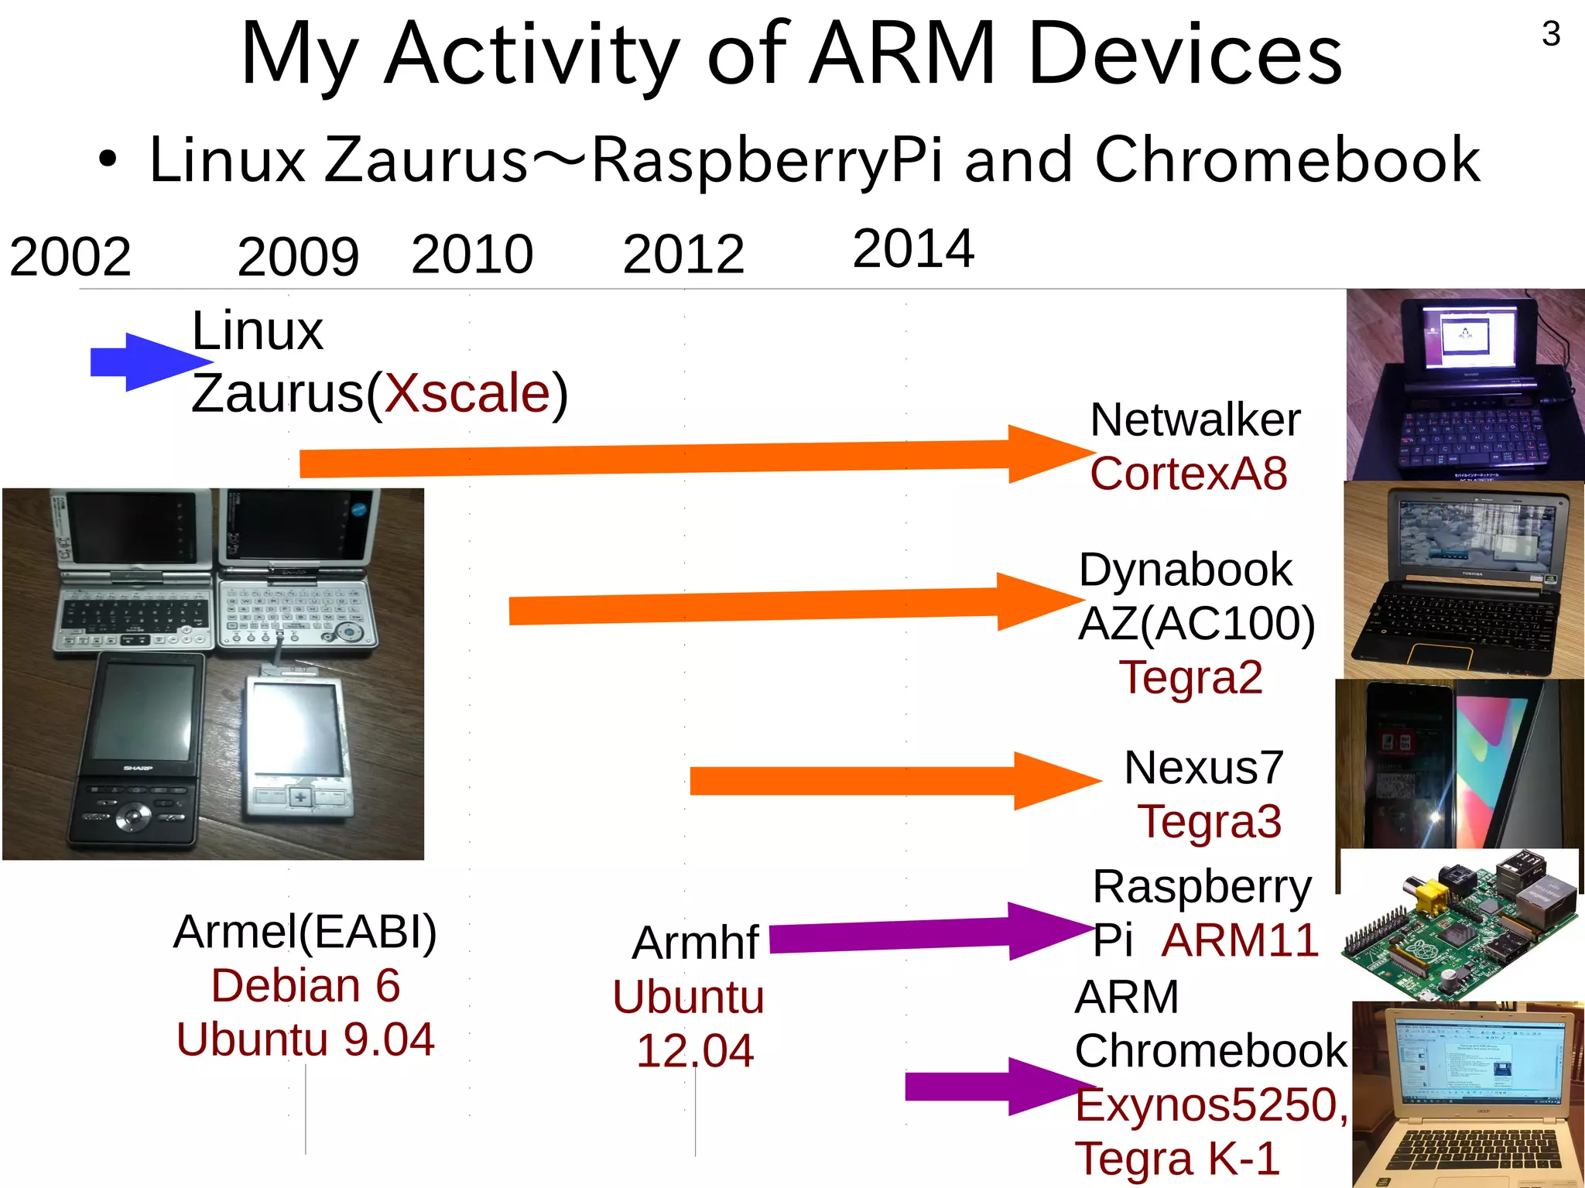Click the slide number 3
click(x=1551, y=34)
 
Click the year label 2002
click(x=70, y=257)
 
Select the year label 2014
click(x=912, y=249)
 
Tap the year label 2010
click(x=472, y=254)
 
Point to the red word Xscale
click(x=467, y=393)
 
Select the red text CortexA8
click(x=1188, y=474)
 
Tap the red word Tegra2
click(x=1190, y=678)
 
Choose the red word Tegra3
click(x=1209, y=821)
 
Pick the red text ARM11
click(x=1240, y=940)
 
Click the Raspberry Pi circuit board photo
click(x=1458, y=925)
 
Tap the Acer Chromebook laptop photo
click(x=1467, y=1094)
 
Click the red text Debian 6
click(x=306, y=986)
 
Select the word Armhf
click(x=695, y=943)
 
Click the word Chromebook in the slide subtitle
click(x=1286, y=160)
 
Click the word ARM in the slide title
click(x=902, y=54)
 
